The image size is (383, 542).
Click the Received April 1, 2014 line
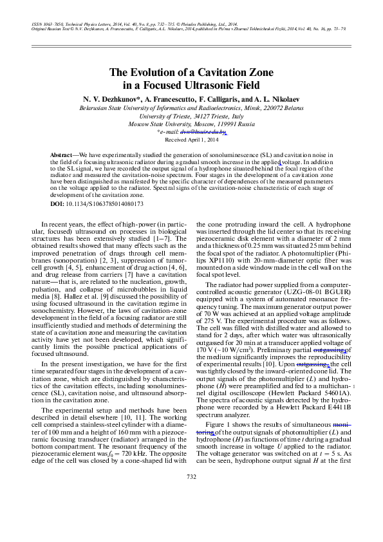point(192,139)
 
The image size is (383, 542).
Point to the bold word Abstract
point(62,156)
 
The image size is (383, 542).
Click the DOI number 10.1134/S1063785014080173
point(106,203)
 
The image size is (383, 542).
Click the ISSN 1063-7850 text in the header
point(50,24)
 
